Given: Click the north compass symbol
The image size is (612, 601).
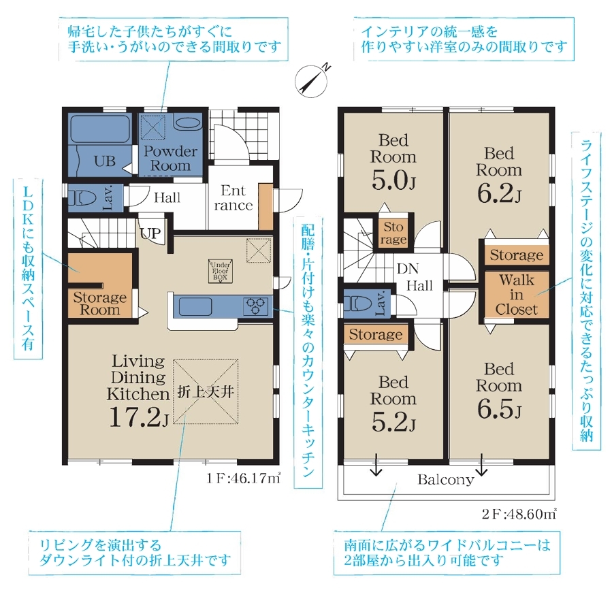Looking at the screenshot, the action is pos(312,80).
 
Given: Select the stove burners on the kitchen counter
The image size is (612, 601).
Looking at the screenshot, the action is pos(256,306).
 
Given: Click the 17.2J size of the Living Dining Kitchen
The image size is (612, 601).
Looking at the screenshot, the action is pos(139,417).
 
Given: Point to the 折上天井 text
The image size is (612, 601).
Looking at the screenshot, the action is pos(206,392).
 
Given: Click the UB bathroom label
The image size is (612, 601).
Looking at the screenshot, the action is pos(105,161).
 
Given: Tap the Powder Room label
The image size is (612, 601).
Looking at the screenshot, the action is pos(171,158).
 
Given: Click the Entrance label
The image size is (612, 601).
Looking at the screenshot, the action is pos(233,198).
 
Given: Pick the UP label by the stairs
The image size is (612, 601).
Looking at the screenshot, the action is pos(150,233).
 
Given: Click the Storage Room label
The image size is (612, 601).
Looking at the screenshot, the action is pos(100,304).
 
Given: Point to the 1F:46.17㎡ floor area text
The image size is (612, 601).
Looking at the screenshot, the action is pos(243,478).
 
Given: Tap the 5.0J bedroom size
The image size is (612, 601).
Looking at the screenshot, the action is pos(393,180).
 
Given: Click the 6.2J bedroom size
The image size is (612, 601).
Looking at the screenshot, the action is pos(499,194).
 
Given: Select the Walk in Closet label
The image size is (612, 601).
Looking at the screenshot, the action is pos(517,294).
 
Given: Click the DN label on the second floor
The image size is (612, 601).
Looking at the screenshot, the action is pos(408,268).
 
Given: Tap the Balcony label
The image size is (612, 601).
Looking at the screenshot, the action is pos(446,479).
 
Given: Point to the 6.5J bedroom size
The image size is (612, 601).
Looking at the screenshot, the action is pos(499,409).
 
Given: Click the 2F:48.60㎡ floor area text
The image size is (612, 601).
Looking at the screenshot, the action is pos(519,515).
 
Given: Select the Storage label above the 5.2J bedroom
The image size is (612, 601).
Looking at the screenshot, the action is pos(376,334).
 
